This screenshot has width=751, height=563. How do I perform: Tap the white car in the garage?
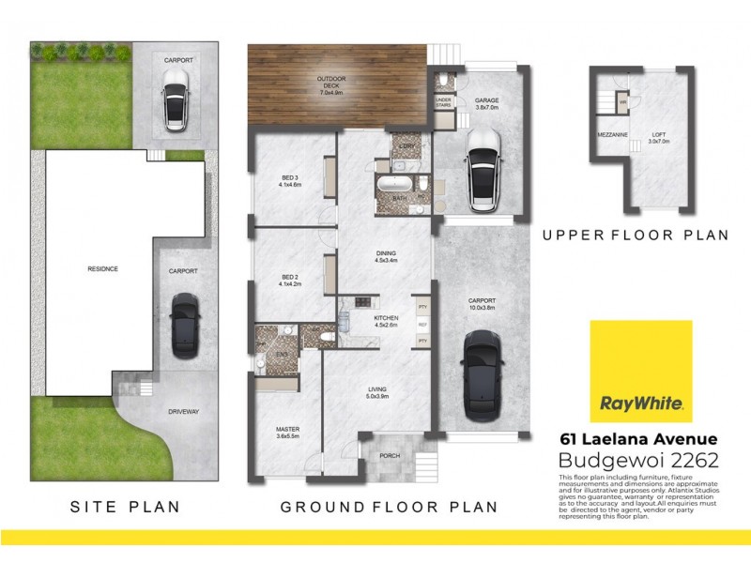pos(482,168)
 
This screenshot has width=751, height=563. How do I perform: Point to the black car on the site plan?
pos(184,322)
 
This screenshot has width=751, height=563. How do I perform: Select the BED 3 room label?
pos(290,180)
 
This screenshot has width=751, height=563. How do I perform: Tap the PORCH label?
pos(389,457)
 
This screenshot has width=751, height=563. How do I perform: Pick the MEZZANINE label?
pos(611,135)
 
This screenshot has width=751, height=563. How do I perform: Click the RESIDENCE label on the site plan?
pos(102,269)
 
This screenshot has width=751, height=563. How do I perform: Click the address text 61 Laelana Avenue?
pos(637,438)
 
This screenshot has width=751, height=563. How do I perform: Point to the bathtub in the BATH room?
pos(394,185)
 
